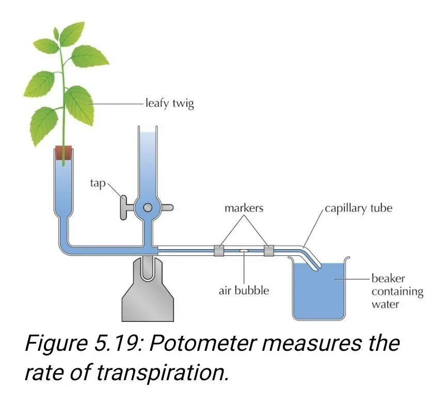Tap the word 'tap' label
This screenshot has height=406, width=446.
tap(98, 183)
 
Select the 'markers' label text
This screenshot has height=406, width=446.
tap(244, 208)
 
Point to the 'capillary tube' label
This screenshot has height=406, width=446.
tap(358, 208)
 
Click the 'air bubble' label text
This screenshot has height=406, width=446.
tap(244, 290)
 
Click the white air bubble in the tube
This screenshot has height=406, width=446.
tap(244, 251)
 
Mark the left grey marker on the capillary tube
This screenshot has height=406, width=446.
tap(219, 251)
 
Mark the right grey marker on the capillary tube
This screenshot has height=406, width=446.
tap(269, 251)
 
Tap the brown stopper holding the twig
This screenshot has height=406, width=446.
tap(63, 153)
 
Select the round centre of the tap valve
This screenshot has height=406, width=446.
tap(148, 208)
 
